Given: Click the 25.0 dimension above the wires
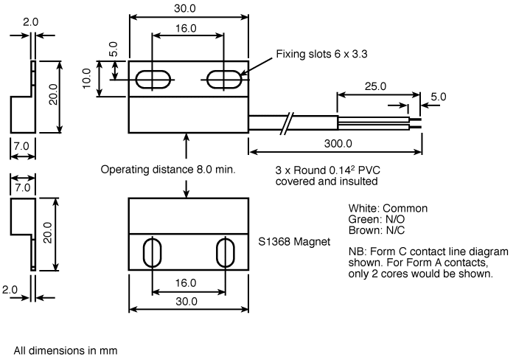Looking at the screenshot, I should pos(374,86).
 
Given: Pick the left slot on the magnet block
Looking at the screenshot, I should pos(153,252).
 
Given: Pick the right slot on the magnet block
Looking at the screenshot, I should pos(224,252).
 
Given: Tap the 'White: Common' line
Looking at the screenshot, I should pos(387,209).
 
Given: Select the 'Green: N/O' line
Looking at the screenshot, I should pos(375,219).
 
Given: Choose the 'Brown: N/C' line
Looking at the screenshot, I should pos(375,229).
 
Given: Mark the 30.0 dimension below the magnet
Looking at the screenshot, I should pos(187,302).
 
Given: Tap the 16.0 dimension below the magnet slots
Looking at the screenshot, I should pos(187,283).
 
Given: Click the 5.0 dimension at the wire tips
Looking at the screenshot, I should pos(438,97).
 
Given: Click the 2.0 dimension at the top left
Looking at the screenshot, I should pos(30,23).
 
